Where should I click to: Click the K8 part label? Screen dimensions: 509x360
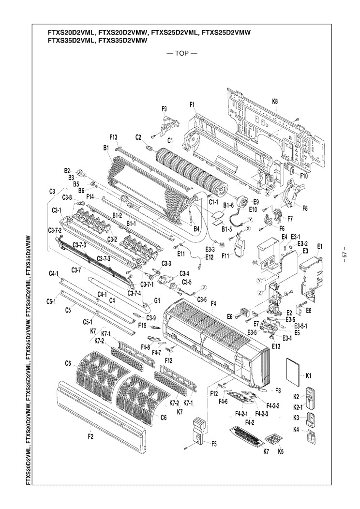pos(275,101)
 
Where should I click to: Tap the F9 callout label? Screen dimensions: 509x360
pos(165,109)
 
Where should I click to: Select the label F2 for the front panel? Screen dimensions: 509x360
pos(90,437)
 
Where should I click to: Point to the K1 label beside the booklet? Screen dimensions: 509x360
pos(309,376)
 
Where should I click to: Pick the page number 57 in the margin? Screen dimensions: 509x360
pos(344,255)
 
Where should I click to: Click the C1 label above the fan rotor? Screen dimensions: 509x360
pos(170,140)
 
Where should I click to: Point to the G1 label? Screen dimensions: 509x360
pos(157,300)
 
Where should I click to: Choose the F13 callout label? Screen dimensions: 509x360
pos(114,137)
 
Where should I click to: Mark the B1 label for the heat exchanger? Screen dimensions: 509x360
pos(105,148)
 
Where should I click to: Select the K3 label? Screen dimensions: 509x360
pos(296,417)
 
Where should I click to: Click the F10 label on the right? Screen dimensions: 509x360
pos(303,177)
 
